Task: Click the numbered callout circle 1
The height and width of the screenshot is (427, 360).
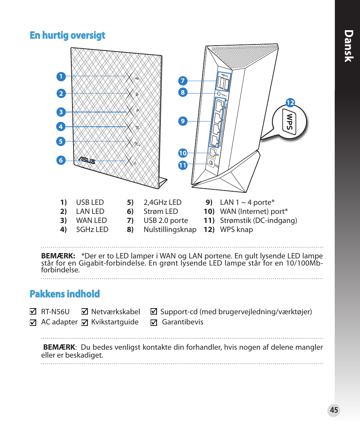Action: point(60,77)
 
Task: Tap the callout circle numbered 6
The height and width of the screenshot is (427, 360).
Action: point(60,160)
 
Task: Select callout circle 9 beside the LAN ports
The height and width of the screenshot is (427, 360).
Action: point(183,121)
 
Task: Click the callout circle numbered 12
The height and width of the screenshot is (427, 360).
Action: point(290,103)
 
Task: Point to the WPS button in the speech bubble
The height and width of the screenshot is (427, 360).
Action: point(290,122)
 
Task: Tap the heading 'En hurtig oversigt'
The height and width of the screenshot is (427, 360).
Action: point(68,35)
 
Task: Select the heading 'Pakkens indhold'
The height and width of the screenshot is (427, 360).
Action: point(65,294)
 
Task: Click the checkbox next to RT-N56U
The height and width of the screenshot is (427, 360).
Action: point(33,312)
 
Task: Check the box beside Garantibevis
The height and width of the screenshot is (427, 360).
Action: point(154,323)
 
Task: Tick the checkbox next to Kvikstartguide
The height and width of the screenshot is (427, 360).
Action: point(85,323)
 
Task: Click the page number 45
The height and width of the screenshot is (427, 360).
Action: point(334,410)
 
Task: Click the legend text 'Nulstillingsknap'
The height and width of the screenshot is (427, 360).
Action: point(170,230)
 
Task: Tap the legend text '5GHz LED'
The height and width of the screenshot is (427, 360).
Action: point(92,230)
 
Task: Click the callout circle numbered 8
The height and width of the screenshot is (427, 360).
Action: point(183,92)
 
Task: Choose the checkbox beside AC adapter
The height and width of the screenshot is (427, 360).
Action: point(33,323)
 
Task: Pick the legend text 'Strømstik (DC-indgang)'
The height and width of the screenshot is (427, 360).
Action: point(258,221)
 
